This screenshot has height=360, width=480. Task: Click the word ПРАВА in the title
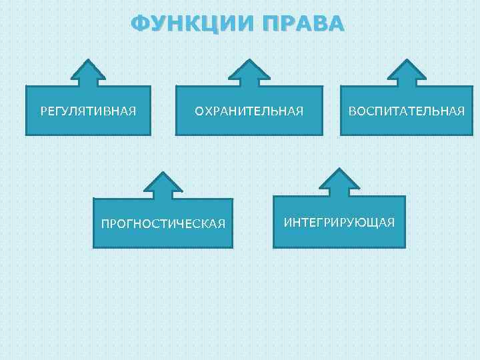(303, 24)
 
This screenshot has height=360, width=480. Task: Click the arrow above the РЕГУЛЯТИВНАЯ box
(88, 73)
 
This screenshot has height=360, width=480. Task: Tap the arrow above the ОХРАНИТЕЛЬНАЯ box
(249, 73)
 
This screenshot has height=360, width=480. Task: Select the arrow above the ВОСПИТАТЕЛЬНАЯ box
(405, 73)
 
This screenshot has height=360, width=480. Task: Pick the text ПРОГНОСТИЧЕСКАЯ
(163, 223)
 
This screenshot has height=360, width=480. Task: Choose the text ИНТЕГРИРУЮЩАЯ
(339, 221)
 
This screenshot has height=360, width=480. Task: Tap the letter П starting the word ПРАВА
(272, 24)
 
